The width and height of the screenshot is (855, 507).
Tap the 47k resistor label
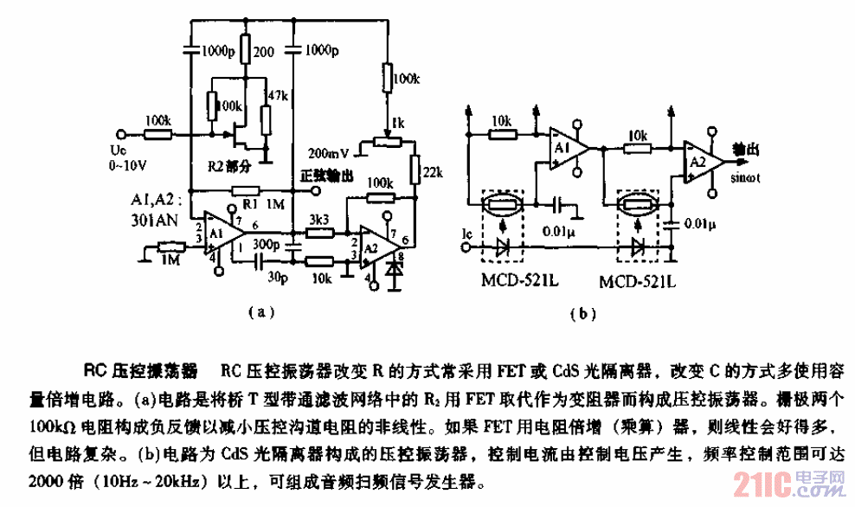tap(279, 94)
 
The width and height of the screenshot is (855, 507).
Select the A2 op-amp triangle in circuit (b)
tap(697, 163)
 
